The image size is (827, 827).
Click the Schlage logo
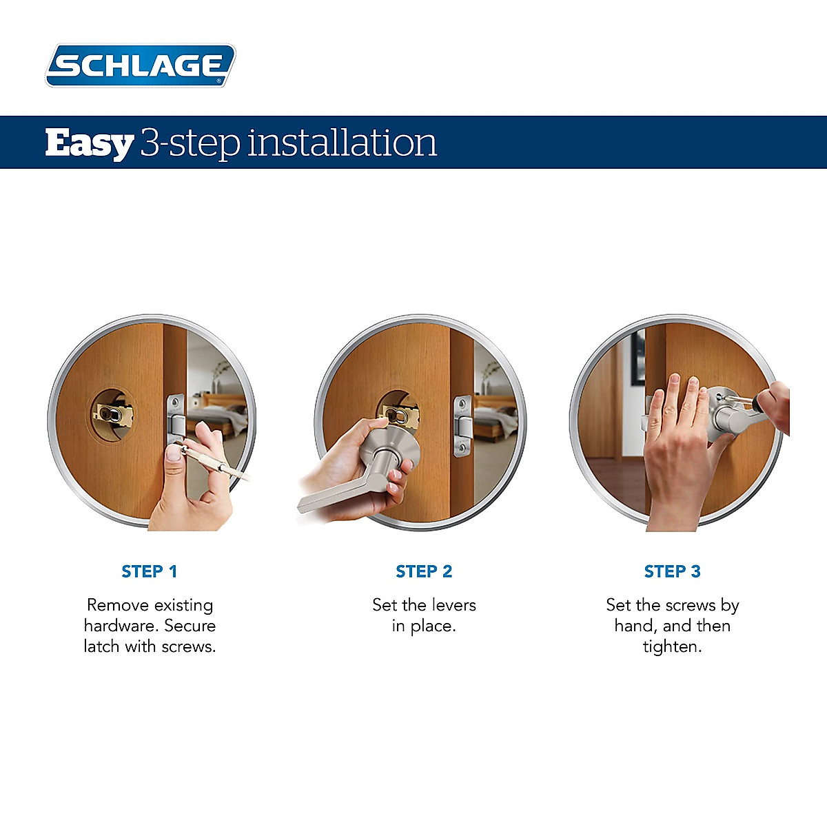pyautogui.click(x=141, y=65)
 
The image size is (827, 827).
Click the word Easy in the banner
pyautogui.click(x=89, y=143)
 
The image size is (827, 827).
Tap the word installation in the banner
pyautogui.click(x=342, y=143)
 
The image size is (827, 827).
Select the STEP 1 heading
pyautogui.click(x=150, y=571)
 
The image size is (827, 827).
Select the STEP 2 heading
pyautogui.click(x=424, y=571)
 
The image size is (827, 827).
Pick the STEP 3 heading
pyautogui.click(x=672, y=571)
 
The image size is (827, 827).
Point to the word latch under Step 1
pyautogui.click(x=101, y=646)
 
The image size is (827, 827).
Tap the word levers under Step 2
pyautogui.click(x=453, y=605)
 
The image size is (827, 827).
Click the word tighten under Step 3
pyautogui.click(x=672, y=647)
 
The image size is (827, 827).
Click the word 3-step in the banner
pyautogui.click(x=190, y=143)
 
